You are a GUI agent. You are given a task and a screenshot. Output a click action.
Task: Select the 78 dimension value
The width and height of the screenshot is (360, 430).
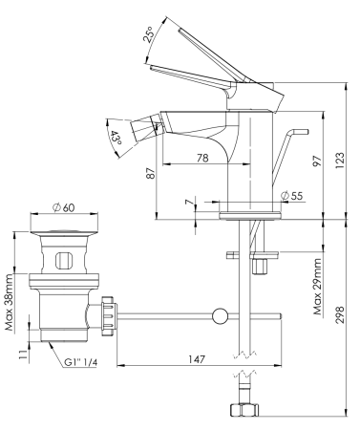coord(202,158)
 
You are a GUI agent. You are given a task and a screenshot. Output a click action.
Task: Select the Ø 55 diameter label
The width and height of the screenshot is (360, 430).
coord(291,197)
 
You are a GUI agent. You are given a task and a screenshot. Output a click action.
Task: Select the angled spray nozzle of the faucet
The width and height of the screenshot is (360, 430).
coord(143,125)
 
